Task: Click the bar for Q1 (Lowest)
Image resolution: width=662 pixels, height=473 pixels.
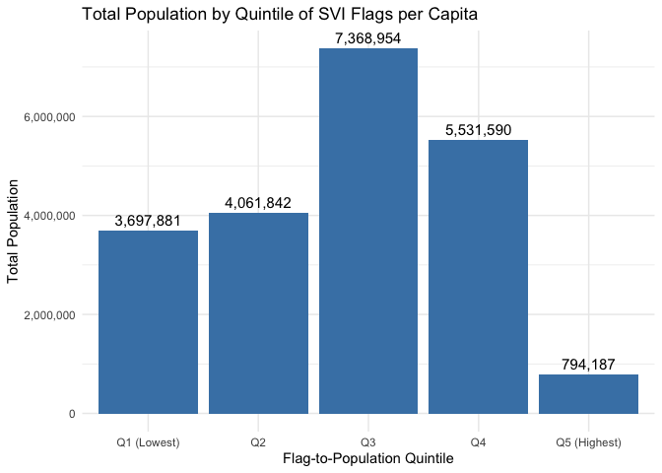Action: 148,322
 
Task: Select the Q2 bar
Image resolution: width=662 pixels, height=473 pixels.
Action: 258,313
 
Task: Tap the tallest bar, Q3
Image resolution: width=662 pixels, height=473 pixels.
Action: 368,231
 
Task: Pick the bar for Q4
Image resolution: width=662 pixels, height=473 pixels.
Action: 479,277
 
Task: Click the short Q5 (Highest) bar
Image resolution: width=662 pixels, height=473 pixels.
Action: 588,394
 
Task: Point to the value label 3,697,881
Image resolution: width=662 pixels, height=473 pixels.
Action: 148,221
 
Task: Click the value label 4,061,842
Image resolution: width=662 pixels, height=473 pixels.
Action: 258,203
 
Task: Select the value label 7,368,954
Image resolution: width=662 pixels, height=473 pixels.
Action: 368,38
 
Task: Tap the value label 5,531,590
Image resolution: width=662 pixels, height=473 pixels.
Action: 479,130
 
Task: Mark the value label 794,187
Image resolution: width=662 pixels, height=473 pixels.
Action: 588,365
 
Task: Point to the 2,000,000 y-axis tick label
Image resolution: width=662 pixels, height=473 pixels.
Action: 48,315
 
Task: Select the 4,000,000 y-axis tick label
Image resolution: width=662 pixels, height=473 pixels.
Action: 48,216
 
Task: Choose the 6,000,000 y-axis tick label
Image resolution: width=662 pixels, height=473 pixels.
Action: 48,116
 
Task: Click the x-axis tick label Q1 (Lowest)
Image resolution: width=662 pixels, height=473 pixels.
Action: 148,442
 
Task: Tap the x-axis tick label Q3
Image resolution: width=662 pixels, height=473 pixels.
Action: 368,442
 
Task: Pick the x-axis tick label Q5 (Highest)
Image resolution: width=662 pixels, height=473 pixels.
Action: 588,442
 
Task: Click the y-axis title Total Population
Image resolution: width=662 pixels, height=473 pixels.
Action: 13,231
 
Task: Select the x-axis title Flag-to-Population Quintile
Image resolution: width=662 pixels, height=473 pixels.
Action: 367,459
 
